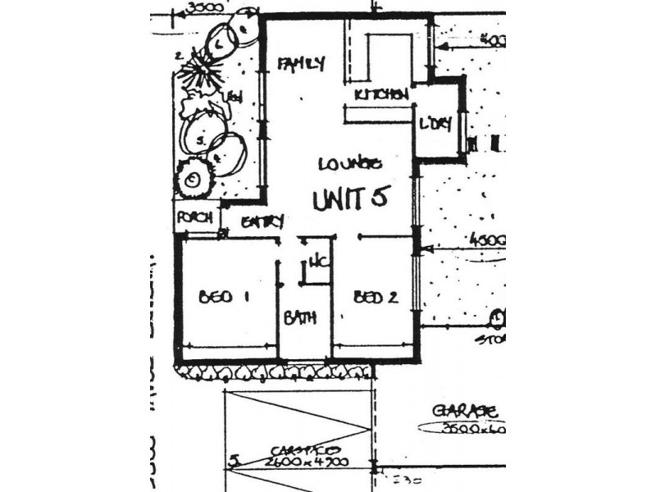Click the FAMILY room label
(x=301, y=63)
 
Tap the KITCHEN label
(x=381, y=95)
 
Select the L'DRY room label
(x=435, y=125)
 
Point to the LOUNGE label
(x=350, y=164)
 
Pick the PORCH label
(x=194, y=218)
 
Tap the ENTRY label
(x=262, y=221)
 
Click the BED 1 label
(x=223, y=298)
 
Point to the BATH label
(x=300, y=318)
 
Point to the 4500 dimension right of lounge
(x=487, y=240)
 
